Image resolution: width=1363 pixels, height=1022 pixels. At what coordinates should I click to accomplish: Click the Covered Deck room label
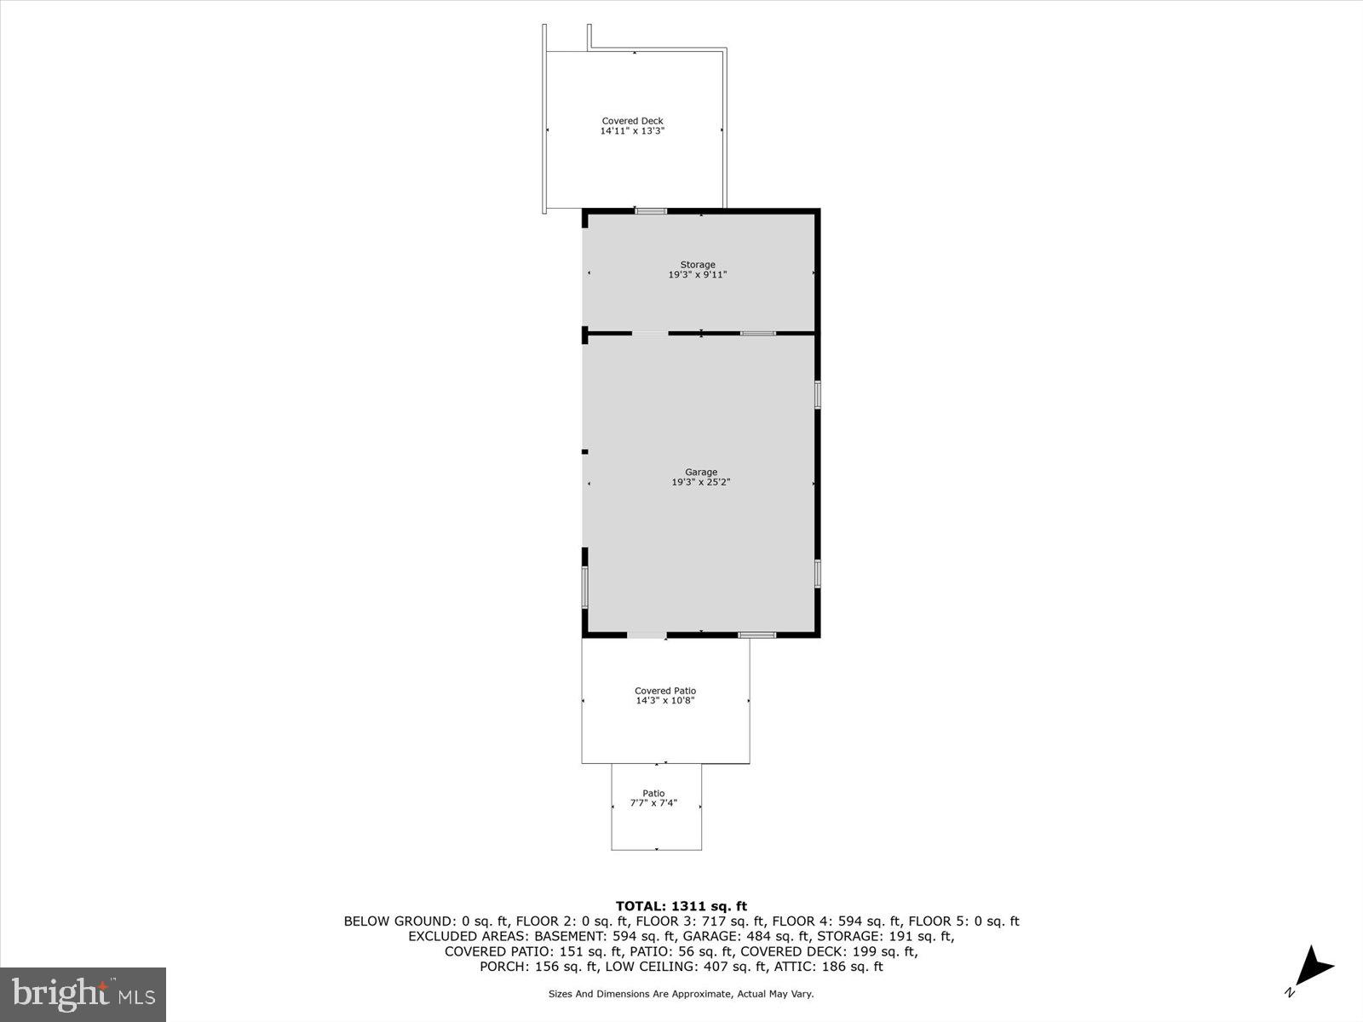[x=632, y=121]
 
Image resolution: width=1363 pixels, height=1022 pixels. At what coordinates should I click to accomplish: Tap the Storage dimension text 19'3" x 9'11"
[x=697, y=275]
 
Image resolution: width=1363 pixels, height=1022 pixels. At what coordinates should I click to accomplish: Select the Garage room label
[x=701, y=472]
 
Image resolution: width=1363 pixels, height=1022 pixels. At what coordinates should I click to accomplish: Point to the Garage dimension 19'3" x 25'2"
[x=701, y=482]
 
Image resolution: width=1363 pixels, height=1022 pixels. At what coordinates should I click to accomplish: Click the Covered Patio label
[x=665, y=691]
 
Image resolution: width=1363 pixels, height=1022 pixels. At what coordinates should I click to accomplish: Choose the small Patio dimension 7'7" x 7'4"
[x=653, y=802]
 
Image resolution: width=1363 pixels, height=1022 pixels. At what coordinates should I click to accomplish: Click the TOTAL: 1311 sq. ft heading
[x=681, y=906]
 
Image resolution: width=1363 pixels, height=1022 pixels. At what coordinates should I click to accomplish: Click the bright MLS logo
[x=83, y=994]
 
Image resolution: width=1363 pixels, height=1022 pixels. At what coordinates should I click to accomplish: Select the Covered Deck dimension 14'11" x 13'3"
[x=632, y=131]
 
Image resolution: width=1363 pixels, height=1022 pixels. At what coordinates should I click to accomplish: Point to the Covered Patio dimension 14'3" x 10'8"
[x=665, y=701]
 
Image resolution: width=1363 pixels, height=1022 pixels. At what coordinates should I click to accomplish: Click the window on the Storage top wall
[x=651, y=210]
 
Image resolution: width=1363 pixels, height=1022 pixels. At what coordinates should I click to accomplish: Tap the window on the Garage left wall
[x=585, y=587]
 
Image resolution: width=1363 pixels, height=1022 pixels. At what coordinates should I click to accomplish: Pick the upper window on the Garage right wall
[x=817, y=394]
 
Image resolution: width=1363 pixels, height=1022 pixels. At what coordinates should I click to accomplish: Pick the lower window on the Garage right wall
[x=817, y=573]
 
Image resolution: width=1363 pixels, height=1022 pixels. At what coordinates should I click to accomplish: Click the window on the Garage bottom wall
[x=756, y=634]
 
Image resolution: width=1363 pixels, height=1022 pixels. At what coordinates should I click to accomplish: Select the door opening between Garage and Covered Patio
[x=647, y=634]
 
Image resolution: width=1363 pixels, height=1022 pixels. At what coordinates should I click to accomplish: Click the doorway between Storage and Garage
[x=650, y=333]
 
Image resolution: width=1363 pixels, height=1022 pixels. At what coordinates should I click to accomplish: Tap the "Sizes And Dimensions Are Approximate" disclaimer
[x=681, y=994]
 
